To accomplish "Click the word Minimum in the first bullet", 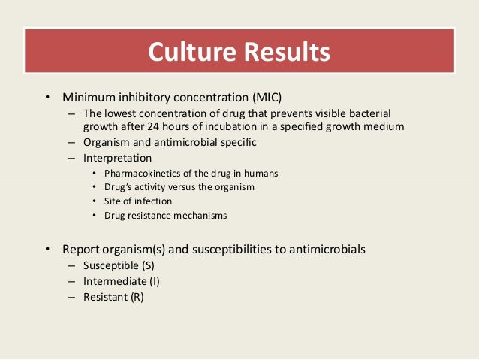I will coord(89,98).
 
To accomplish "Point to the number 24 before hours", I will coord(192,126).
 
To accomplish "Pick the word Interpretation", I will coord(117,158).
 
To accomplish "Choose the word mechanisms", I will coord(195,215).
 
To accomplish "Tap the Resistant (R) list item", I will coord(113,297).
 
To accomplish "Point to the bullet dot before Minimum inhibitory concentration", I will coord(46,98).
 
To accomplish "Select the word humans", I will coord(261,173).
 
